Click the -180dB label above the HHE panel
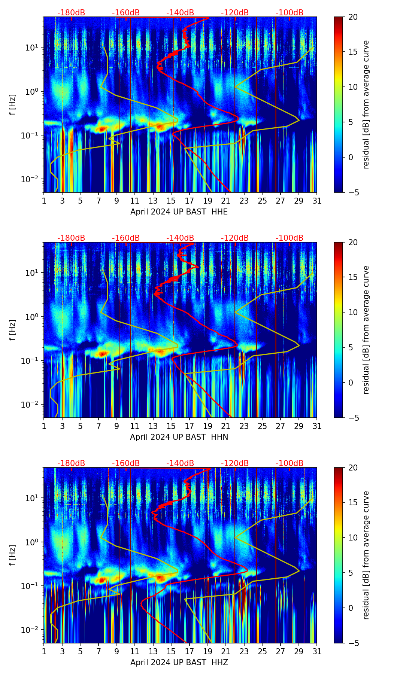71,13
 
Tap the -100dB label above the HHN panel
290,238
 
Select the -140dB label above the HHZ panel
180,463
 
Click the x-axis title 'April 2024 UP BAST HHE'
179,212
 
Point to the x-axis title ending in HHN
179,437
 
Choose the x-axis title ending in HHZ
179,663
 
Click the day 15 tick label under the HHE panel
171,201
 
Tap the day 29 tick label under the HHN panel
298,426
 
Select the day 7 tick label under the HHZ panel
98,652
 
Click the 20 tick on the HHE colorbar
353,17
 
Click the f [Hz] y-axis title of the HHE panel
13,105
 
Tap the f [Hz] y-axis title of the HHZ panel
13,555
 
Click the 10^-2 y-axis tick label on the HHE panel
33,179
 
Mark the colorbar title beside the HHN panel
366,330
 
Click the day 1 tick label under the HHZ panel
44,652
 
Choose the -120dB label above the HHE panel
235,13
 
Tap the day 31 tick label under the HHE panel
317,201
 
